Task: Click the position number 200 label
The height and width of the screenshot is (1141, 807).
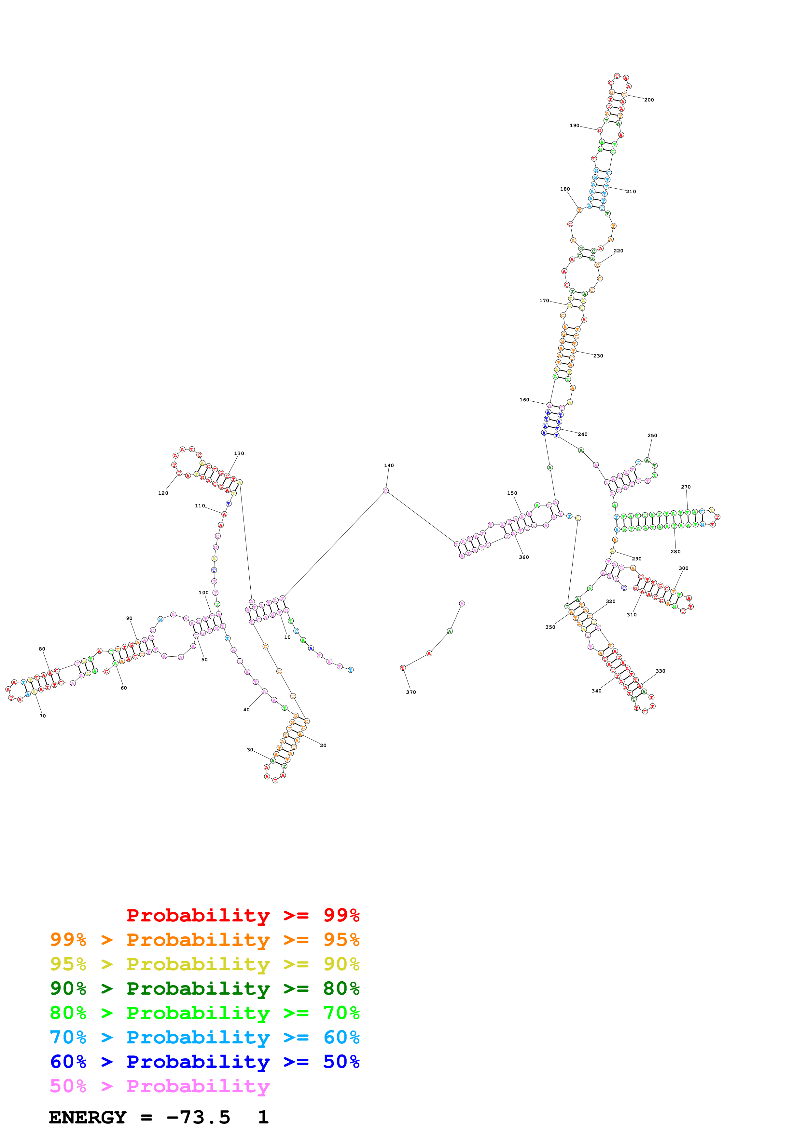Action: click(649, 100)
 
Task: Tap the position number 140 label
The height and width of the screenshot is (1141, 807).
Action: click(389, 466)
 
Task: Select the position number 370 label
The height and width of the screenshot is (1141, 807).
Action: click(411, 692)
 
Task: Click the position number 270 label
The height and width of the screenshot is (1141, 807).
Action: click(686, 487)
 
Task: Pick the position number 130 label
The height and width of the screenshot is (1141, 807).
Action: click(239, 453)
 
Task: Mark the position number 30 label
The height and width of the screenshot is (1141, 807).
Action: click(250, 750)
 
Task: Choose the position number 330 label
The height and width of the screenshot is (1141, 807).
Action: click(660, 671)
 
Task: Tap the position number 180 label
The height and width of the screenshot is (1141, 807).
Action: click(565, 189)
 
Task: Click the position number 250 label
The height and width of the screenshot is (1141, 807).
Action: click(652, 435)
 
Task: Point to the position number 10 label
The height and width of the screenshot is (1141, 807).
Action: click(287, 637)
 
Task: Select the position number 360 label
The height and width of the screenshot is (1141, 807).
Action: click(524, 557)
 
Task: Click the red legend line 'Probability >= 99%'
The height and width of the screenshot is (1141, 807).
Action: click(243, 915)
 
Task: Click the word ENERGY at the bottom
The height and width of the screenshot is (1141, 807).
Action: click(88, 1117)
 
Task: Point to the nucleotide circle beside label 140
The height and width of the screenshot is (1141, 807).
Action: click(385, 490)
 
